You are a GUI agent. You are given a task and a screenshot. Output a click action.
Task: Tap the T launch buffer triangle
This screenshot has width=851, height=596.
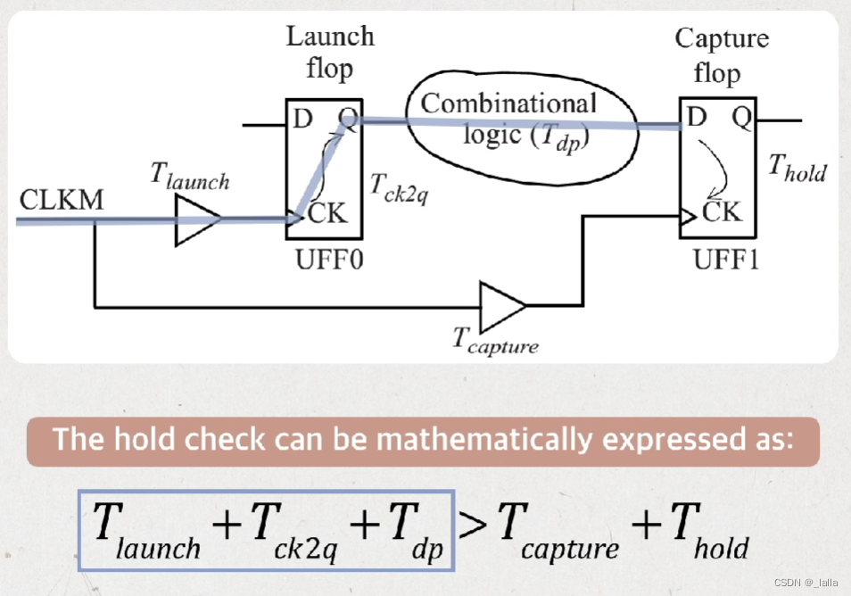tap(197, 219)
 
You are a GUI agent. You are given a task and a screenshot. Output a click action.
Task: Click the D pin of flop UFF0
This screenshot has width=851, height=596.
tap(302, 117)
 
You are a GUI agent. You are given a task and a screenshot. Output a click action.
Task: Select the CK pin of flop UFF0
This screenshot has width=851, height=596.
tap(327, 213)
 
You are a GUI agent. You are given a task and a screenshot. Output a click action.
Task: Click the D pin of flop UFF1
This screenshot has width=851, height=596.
tap(696, 117)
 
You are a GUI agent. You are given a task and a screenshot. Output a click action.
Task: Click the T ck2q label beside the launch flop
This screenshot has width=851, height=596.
tap(399, 186)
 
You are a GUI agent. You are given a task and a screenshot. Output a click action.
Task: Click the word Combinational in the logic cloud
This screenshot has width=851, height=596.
tap(508, 103)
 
